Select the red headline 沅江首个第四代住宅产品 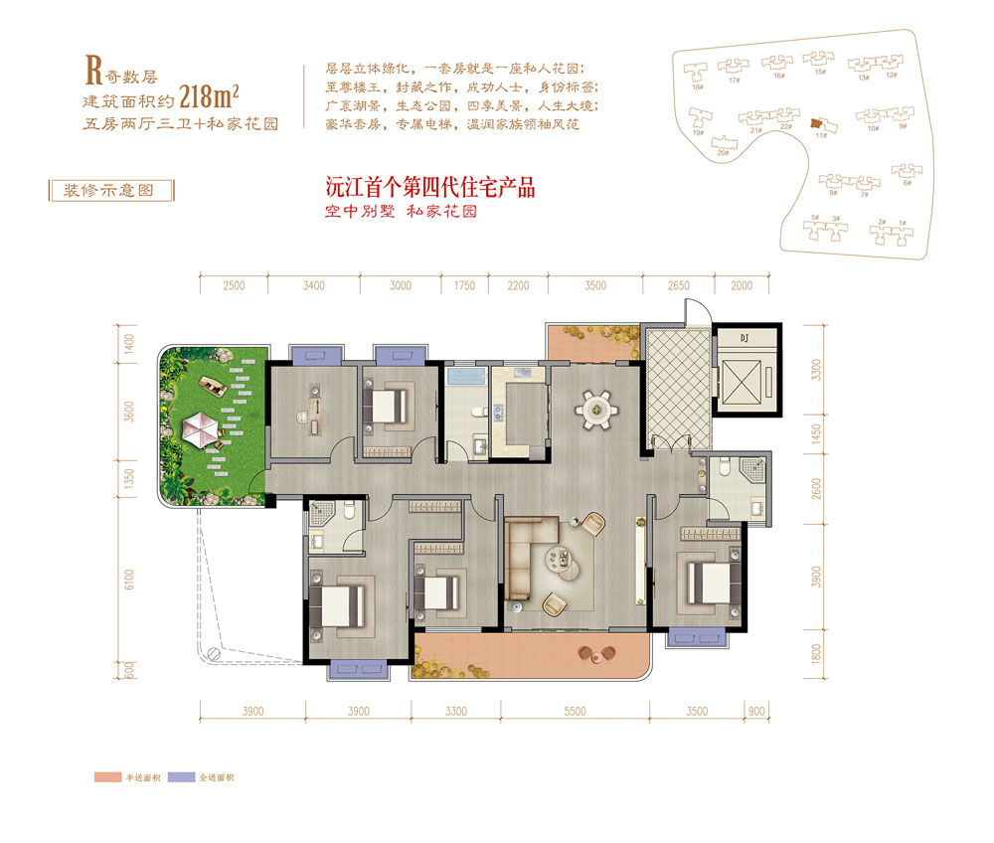437,187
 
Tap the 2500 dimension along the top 234,286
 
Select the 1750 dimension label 464,286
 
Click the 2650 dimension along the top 679,286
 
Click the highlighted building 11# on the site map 816,123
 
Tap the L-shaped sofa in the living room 527,562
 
